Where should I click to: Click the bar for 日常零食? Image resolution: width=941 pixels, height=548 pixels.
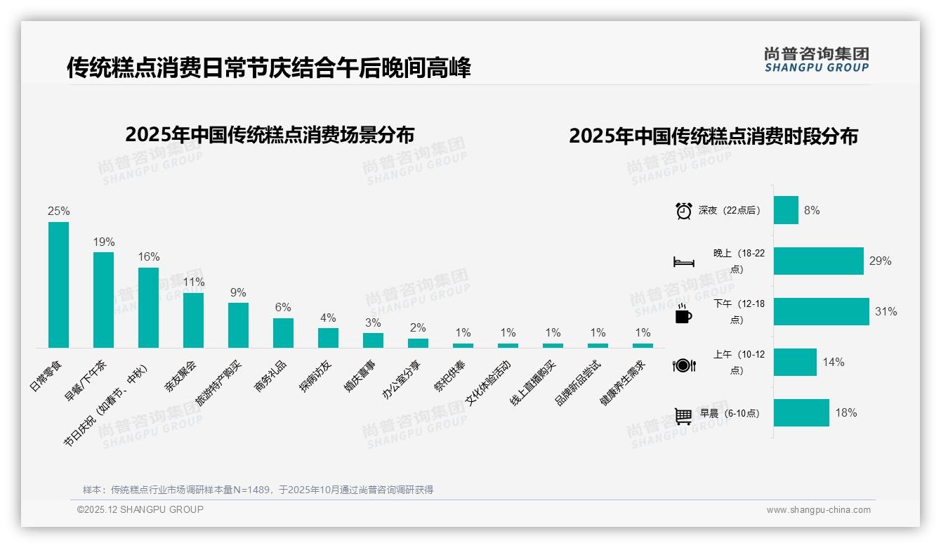pyautogui.click(x=58, y=285)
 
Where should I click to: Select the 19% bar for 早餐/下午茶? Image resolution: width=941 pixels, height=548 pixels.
pyautogui.click(x=103, y=300)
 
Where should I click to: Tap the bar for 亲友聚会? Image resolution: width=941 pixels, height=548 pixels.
pyautogui.click(x=193, y=320)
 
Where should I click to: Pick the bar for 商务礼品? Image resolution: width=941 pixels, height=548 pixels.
pyautogui.click(x=283, y=333)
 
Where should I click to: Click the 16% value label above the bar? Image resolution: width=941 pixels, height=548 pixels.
pyautogui.click(x=149, y=257)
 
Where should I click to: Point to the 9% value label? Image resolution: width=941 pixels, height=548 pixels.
pyautogui.click(x=238, y=293)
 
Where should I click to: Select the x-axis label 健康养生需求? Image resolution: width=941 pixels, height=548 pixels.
pyautogui.click(x=621, y=384)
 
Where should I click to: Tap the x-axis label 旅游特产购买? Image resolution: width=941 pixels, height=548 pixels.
pyautogui.click(x=219, y=387)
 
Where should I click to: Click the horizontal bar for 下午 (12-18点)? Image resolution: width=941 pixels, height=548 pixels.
pyautogui.click(x=821, y=311)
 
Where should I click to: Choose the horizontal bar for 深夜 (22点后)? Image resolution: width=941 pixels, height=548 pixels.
pyautogui.click(x=786, y=210)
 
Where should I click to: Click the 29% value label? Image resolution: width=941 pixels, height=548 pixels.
pyautogui.click(x=880, y=261)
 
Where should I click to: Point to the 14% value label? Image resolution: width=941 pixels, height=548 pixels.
pyautogui.click(x=834, y=363)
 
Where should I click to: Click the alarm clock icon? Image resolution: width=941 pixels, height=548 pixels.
pyautogui.click(x=683, y=211)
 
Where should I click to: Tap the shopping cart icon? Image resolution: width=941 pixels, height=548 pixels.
pyautogui.click(x=683, y=416)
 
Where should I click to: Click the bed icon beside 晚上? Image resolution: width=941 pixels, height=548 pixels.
pyautogui.click(x=683, y=262)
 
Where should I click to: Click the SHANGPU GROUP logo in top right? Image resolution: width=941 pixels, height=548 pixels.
pyautogui.click(x=816, y=60)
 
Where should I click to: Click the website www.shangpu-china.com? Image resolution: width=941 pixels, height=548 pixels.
pyautogui.click(x=818, y=510)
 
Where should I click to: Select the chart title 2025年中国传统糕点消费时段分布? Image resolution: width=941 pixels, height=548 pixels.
pyautogui.click(x=713, y=136)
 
